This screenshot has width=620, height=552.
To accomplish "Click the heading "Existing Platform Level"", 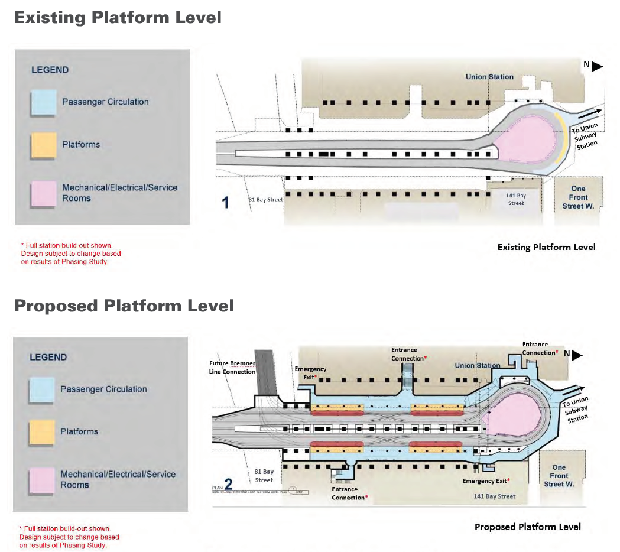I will click(x=118, y=17).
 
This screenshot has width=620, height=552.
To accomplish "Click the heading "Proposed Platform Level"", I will click(x=124, y=306).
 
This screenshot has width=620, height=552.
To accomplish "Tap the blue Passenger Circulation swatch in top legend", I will click(x=44, y=103).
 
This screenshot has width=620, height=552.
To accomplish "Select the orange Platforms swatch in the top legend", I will click(x=44, y=145).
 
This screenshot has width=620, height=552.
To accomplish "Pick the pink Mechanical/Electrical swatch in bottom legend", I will click(x=42, y=479).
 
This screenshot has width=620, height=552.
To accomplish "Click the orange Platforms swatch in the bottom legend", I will click(x=42, y=432).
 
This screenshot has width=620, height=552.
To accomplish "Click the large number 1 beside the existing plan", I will click(x=225, y=203).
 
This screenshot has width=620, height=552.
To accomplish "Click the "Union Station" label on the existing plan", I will click(x=489, y=77).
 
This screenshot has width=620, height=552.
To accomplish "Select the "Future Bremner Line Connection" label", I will click(x=232, y=368).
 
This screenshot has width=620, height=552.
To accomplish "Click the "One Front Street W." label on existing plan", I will click(x=578, y=197).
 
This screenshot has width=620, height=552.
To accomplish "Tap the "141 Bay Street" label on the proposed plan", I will click(x=494, y=496).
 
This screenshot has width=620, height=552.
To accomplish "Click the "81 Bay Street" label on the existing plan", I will click(x=265, y=200).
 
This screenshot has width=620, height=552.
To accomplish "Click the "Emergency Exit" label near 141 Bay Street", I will click(x=486, y=481).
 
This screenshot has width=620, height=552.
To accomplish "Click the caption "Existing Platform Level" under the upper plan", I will click(x=546, y=247).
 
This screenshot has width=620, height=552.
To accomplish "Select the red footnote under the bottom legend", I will click(x=69, y=537).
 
